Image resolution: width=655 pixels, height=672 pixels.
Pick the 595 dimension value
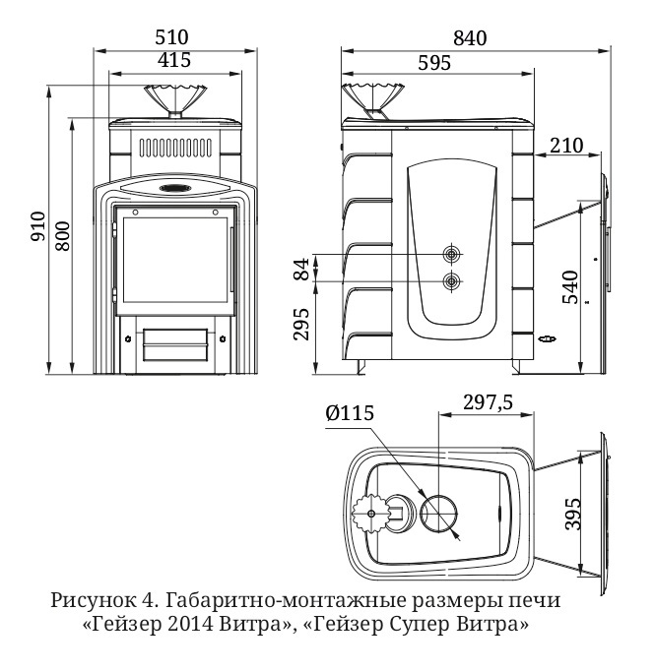[x=434, y=62]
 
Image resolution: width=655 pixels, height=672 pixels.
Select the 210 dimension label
[x=566, y=146]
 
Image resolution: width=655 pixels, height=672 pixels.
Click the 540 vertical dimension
[x=568, y=286]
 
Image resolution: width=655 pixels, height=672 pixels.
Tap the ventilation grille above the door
[x=174, y=150]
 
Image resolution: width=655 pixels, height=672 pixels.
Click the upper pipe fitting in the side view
[x=452, y=254]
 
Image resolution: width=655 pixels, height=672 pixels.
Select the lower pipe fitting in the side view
[x=452, y=282]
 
